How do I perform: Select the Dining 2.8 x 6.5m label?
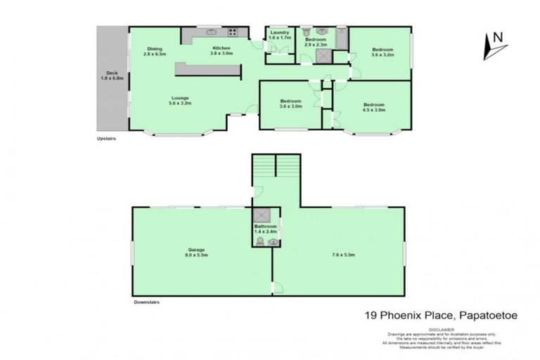point(155,51)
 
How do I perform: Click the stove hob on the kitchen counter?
point(231,32)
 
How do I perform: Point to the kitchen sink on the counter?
point(210,32)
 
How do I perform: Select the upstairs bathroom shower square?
point(324,58)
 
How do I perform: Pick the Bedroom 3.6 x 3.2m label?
point(382,51)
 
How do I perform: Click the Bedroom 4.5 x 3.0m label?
point(373,107)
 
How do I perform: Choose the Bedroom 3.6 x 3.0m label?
point(290,104)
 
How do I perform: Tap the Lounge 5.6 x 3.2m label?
point(179,101)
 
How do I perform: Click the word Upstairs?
point(106,139)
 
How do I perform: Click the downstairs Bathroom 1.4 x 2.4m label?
point(266,229)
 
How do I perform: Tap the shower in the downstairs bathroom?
point(261,216)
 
